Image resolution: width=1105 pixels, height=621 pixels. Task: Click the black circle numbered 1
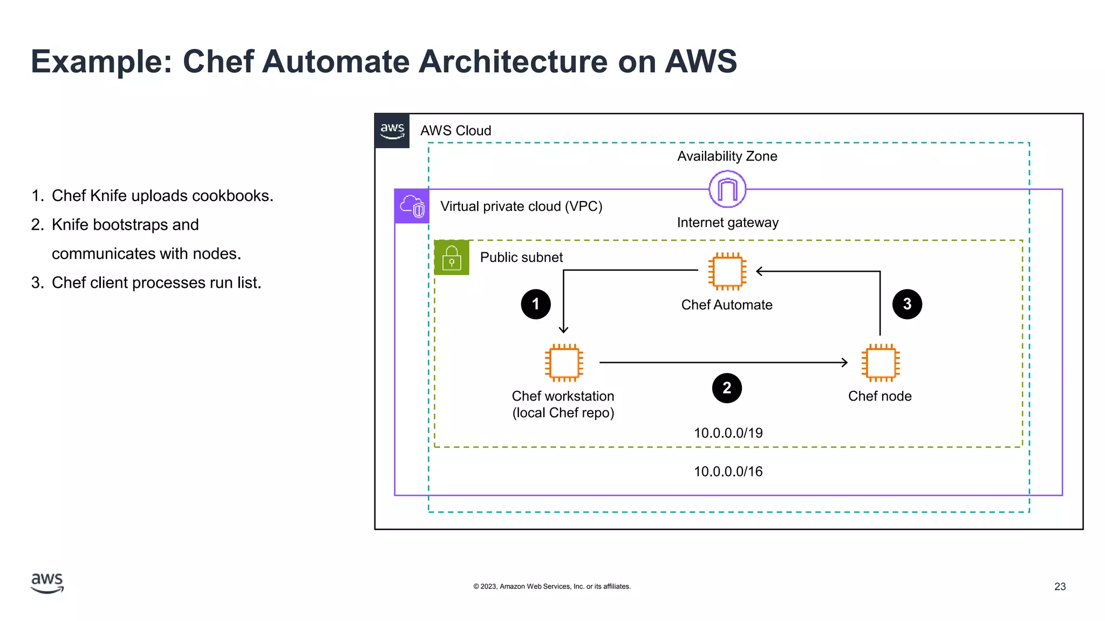pyautogui.click(x=535, y=304)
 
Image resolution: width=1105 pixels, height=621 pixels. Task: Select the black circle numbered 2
pyautogui.click(x=727, y=388)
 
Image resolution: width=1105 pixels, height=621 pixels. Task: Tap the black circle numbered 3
pyautogui.click(x=907, y=304)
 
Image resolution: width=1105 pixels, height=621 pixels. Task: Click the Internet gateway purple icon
pyautogui.click(x=727, y=189)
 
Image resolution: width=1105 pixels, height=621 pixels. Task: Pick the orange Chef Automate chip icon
pyautogui.click(x=727, y=271)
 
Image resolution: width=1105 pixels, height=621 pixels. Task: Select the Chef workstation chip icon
pyautogui.click(x=563, y=362)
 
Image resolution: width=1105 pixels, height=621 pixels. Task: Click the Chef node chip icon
pyautogui.click(x=880, y=362)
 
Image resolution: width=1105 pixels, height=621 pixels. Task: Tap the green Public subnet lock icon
pyautogui.click(x=452, y=258)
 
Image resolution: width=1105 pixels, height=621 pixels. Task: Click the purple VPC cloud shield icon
pyautogui.click(x=412, y=206)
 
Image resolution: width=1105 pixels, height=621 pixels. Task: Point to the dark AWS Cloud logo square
pyautogui.click(x=392, y=130)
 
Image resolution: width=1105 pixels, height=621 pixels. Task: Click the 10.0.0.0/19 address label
pyautogui.click(x=728, y=433)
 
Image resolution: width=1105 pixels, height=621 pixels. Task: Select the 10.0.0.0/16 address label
pyautogui.click(x=728, y=472)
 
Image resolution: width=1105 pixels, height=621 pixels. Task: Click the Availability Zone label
pyautogui.click(x=727, y=156)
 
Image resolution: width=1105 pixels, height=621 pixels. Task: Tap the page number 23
pyautogui.click(x=1060, y=586)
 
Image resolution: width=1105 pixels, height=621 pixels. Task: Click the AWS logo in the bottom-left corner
pyautogui.click(x=47, y=583)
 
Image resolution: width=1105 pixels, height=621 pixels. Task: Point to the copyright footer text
pyautogui.click(x=551, y=586)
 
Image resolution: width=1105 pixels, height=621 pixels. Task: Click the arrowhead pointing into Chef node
pyautogui.click(x=845, y=363)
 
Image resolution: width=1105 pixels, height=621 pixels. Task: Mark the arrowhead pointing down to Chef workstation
pyautogui.click(x=563, y=329)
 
